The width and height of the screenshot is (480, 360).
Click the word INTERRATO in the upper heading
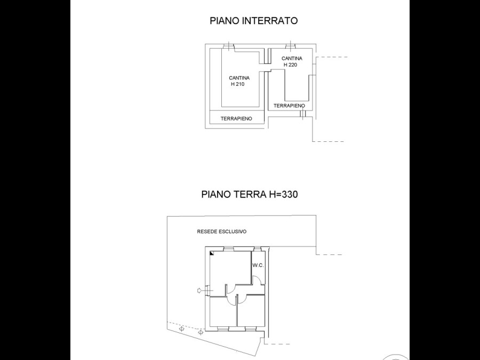tap(270, 20)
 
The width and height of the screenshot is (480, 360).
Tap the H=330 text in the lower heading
tap(283, 194)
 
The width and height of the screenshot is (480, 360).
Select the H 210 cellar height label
tap(237, 84)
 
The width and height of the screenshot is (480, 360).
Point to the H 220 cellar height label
tap(290, 65)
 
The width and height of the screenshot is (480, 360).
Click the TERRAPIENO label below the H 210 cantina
tap(236, 118)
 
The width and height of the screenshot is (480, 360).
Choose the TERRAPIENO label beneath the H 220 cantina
tap(289, 106)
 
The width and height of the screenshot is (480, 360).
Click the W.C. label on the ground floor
tap(258, 266)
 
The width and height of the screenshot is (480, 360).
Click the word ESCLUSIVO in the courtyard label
tap(233, 231)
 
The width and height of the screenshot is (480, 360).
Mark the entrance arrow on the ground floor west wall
tap(199, 290)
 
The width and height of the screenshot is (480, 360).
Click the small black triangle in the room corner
tap(212, 253)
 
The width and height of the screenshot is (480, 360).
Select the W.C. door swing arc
tap(258, 279)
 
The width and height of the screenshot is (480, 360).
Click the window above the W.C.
tap(258, 249)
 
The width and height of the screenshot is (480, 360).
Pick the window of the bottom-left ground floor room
tap(222, 329)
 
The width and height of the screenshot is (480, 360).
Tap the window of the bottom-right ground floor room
tap(251, 329)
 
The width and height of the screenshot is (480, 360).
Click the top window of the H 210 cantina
tap(228, 46)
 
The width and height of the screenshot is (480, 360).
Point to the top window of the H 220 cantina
tap(290, 46)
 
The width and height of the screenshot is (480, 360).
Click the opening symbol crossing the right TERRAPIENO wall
tap(302, 114)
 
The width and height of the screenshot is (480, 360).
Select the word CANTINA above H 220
tap(292, 58)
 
